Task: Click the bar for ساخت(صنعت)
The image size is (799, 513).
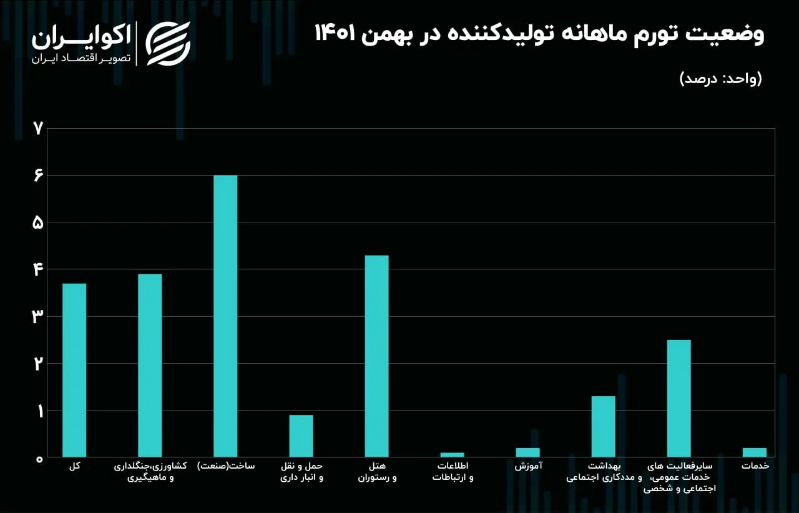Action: pos(225,316)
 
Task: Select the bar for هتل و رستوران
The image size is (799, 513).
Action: pos(376,356)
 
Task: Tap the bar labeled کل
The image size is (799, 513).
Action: pos(74,370)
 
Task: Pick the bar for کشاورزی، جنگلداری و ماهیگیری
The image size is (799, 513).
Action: pos(150,366)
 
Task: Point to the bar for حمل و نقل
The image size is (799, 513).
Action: pos(301,436)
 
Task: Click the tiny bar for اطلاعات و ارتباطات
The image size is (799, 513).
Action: pos(453,455)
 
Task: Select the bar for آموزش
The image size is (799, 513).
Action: pos(528,452)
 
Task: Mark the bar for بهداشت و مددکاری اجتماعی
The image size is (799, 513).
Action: pos(603,427)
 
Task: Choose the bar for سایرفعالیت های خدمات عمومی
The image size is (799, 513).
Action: pos(679,399)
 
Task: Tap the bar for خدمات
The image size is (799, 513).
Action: pos(755,452)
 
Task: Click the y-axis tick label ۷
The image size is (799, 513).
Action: pos(38,129)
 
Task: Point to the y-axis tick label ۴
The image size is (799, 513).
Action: pos(38,269)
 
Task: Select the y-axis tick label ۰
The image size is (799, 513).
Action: pos(39,459)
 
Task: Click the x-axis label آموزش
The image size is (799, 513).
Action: pos(528,466)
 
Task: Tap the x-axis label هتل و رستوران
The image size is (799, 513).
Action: pos(378,472)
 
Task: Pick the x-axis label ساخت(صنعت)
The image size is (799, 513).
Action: pos(226,466)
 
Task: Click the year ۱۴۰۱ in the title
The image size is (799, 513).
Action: pos(335,34)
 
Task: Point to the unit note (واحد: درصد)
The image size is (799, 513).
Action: pos(720,79)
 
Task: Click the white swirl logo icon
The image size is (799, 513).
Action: pos(168,44)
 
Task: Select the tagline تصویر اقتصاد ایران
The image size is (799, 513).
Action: pos(81,58)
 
